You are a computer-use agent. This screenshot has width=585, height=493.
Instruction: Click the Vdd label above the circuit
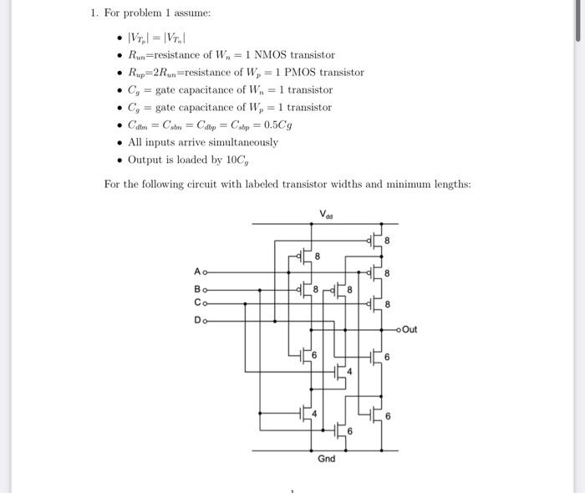[326, 214]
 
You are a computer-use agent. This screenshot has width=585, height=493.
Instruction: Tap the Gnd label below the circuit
[326, 459]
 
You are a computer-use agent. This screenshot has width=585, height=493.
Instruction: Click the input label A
[197, 272]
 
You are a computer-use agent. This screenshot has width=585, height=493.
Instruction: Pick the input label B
[197, 288]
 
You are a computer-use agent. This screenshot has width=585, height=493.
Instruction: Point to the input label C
[197, 302]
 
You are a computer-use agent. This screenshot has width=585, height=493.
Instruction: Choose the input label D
[197, 320]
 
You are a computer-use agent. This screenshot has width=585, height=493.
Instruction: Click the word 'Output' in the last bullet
[145, 160]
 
